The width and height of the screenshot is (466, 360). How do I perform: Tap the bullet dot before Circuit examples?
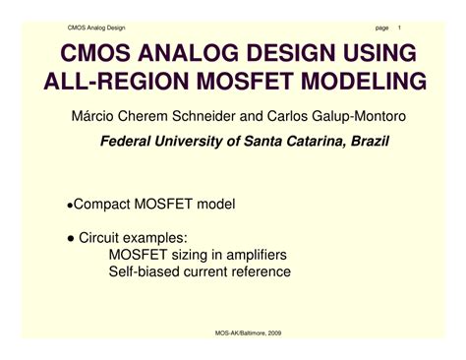(70, 237)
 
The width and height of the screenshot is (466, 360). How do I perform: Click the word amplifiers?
(263, 254)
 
